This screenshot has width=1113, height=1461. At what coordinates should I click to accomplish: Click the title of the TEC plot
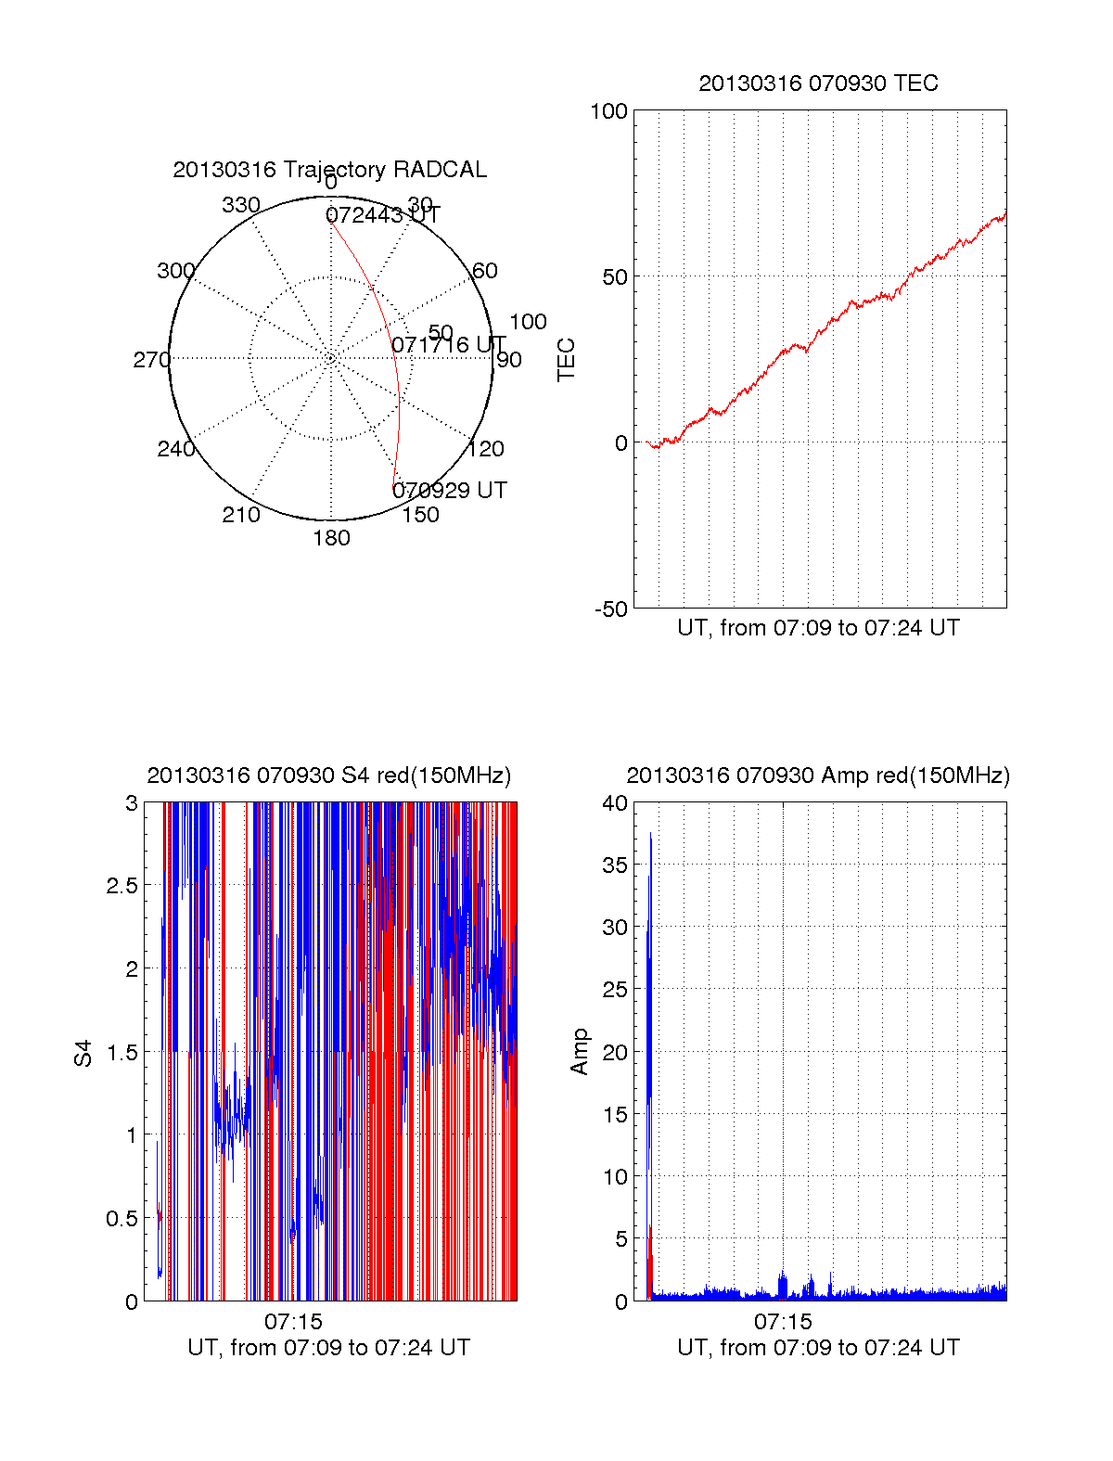coord(818,83)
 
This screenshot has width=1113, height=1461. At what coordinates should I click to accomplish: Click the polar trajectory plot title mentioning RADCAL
coord(329,170)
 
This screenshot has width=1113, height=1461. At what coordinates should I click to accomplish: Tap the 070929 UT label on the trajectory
coord(450,490)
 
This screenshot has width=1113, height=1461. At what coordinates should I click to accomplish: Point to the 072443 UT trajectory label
coord(382,215)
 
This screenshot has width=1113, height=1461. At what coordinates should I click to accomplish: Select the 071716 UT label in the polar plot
coord(449,345)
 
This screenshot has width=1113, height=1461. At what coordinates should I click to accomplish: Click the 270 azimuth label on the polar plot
coord(151,360)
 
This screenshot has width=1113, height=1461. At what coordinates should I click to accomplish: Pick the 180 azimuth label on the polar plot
coord(331,538)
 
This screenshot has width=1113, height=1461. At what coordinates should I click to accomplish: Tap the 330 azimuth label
coord(240,205)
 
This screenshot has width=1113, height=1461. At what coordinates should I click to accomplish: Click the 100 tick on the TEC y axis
coord(608,111)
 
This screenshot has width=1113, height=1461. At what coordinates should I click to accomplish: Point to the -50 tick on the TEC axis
coord(611,609)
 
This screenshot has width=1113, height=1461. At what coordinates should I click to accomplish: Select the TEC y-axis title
coord(566,359)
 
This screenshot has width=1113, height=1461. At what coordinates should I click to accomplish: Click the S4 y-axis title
coord(84,1053)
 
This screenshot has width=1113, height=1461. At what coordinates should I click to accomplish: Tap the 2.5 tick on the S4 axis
coord(122,886)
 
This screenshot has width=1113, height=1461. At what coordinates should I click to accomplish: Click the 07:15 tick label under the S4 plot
coord(293,1321)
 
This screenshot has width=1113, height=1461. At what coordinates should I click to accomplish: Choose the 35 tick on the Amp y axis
coord(615,865)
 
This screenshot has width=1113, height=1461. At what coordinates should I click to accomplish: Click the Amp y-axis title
coord(580,1051)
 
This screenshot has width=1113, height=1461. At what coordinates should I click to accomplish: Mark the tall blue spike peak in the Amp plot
coord(650,835)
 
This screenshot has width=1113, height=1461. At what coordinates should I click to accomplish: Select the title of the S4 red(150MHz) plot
coord(328,775)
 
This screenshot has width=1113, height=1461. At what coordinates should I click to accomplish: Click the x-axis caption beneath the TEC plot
coord(818,628)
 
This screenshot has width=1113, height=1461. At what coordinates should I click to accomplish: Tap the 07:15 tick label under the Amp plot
coord(783,1321)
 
